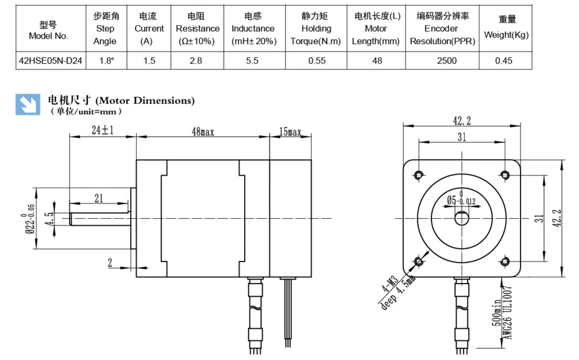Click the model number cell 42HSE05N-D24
coord(51,61)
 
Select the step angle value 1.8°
coord(106,61)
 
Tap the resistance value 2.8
coord(196,61)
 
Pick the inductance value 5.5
coord(252,61)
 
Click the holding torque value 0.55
coord(317,61)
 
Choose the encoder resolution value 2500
coord(446,61)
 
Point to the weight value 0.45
coord(504,61)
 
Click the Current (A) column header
coord(149,29)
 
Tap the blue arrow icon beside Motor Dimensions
coord(28,104)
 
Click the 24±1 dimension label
coord(102,130)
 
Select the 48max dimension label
coord(203,131)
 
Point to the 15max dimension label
coord(290,131)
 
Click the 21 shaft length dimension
coord(99,198)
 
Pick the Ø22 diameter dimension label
coord(29,219)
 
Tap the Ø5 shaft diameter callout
coord(461,200)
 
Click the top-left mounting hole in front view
coord(419,175)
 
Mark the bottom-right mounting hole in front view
coord(505,262)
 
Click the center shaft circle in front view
coord(462,218)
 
